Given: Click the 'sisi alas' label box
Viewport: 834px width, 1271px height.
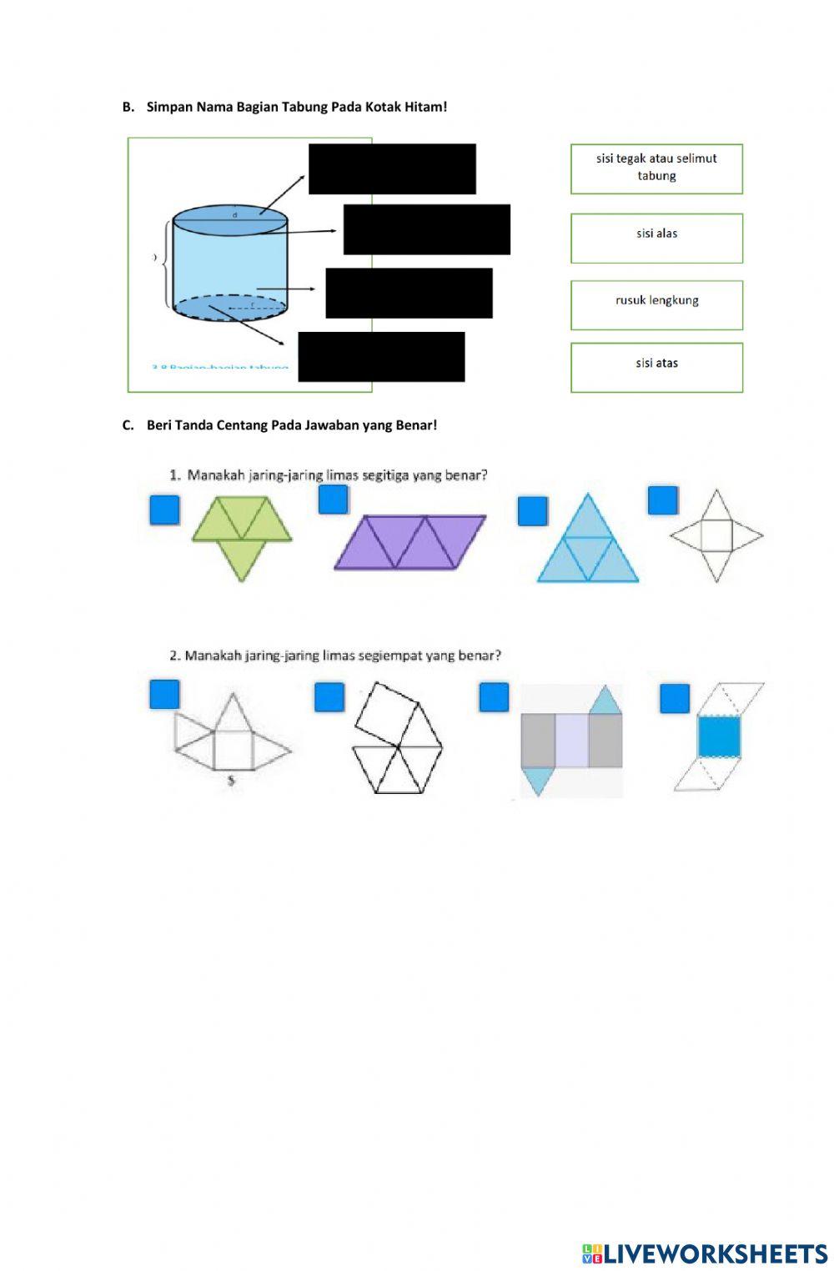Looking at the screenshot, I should tap(656, 238).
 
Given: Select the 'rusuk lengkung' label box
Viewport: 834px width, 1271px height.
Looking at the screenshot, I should tap(656, 304).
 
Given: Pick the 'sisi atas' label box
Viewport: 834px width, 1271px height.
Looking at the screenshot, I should tap(656, 367).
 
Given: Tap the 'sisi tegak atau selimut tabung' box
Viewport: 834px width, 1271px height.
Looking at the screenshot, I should tap(656, 168).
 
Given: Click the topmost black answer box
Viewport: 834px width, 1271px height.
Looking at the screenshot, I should tap(392, 168).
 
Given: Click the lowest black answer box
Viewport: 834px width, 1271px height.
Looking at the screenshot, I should tap(381, 356).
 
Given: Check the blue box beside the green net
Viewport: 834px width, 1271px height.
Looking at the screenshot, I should tap(164, 510).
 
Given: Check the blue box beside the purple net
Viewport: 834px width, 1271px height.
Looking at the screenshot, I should tap(333, 499).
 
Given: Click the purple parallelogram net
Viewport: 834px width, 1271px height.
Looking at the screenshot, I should tap(409, 542).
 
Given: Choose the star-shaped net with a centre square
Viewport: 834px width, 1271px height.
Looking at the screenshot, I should tap(716, 535).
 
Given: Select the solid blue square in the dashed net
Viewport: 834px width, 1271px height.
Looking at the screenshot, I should tap(720, 736).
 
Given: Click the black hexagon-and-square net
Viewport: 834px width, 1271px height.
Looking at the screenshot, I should tap(397, 739).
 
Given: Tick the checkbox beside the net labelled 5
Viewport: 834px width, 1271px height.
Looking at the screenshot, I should tap(164, 694).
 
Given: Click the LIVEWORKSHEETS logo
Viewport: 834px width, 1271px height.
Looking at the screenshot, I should tap(705, 1253).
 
